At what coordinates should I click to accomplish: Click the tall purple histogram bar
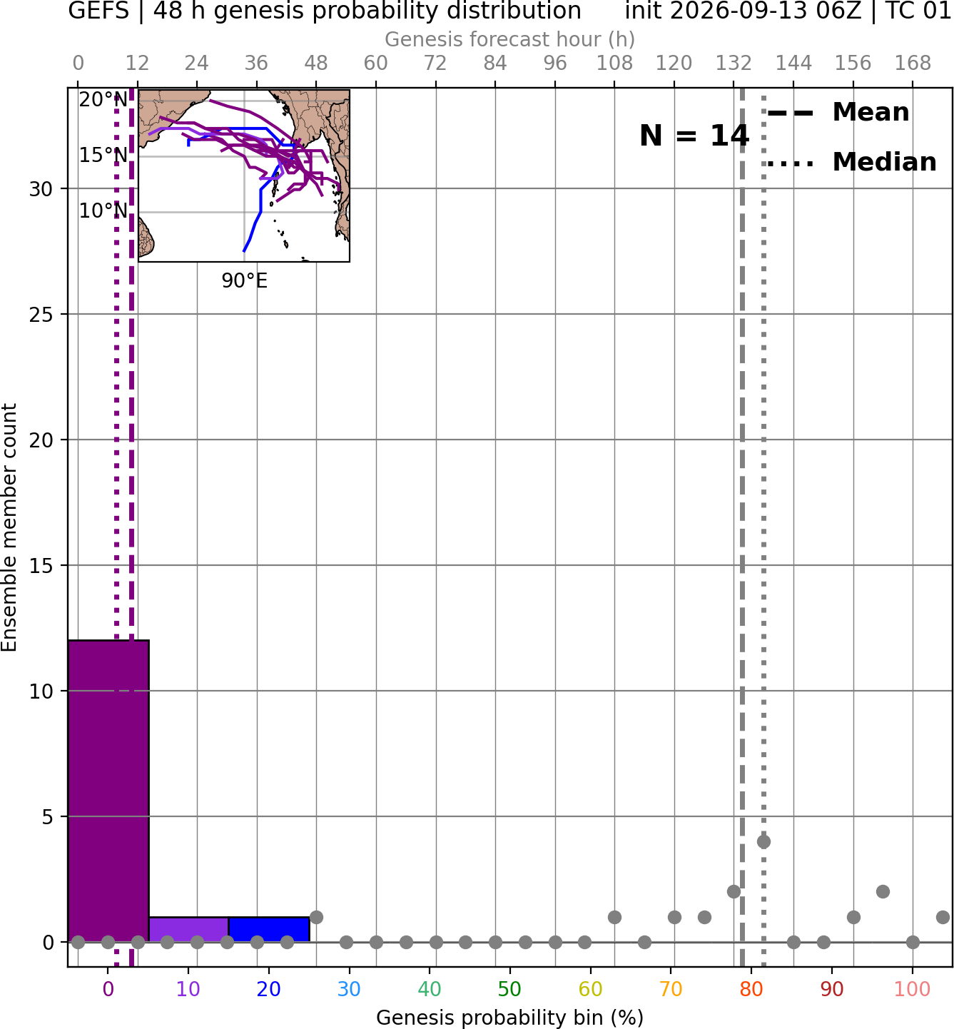click(x=108, y=791)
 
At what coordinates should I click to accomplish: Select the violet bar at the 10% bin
click(x=188, y=930)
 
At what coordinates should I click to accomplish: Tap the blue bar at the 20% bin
click(x=269, y=930)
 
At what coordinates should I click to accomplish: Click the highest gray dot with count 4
click(x=763, y=842)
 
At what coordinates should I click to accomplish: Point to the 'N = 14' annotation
click(x=694, y=136)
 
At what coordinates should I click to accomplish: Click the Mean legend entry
click(x=838, y=113)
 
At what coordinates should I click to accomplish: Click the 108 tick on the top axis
click(x=614, y=64)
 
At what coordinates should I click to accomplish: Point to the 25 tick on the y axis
click(x=41, y=315)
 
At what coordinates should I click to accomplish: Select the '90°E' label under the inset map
click(x=244, y=281)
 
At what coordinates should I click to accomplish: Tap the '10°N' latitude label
click(x=103, y=211)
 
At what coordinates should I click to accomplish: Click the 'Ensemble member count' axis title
click(x=9, y=527)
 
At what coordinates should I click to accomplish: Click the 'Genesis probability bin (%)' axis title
click(x=509, y=1018)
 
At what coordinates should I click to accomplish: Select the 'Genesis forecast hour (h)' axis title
click(x=509, y=39)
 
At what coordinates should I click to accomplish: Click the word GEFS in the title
click(x=98, y=11)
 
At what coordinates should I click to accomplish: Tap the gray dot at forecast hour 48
click(x=316, y=917)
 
